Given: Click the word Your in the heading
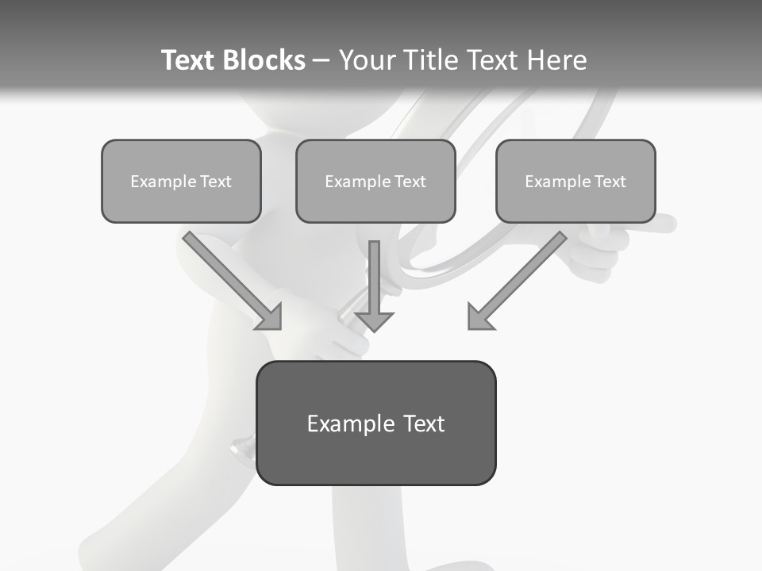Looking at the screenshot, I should pos(366,60).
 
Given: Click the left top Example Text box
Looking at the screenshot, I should pos(181,182).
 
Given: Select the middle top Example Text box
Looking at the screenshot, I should pos(375,182).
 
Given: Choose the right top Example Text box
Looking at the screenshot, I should pos(575,182).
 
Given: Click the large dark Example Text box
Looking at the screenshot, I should pos(375,423).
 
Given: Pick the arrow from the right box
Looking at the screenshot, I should pos(524,274).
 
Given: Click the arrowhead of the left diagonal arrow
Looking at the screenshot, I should pos(270,317).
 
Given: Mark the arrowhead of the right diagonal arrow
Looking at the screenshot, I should pos(479,317).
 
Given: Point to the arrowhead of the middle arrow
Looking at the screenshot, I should pos(375,320).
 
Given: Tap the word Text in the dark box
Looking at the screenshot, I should pos(423,424).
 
